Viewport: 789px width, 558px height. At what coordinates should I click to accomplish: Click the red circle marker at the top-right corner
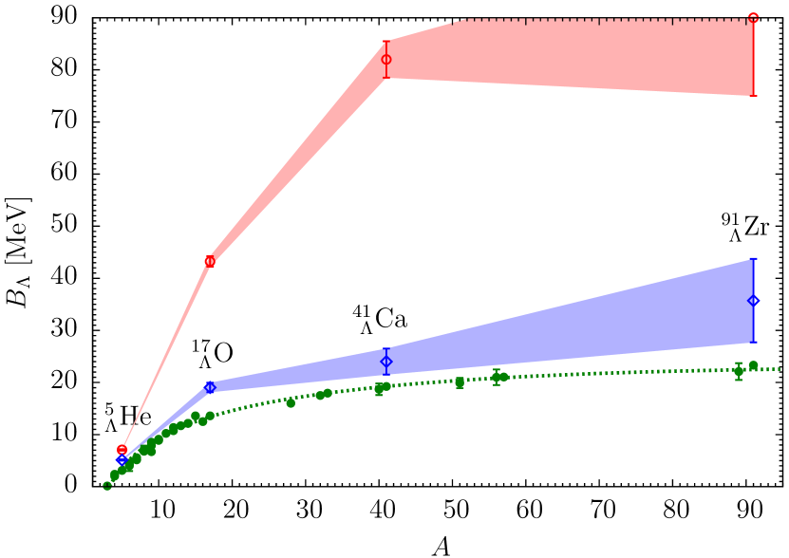pos(753,17)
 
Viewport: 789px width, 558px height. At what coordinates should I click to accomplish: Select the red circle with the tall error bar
pos(386,59)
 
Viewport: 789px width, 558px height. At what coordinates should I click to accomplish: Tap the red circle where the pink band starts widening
pos(210,261)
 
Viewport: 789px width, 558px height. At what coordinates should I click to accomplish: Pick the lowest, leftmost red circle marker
pos(122,449)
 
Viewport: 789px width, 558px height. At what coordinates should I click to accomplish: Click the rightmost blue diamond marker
pos(754,301)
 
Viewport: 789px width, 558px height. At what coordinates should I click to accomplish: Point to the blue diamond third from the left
pos(386,361)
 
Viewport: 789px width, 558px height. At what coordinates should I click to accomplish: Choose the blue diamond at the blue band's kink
pos(210,387)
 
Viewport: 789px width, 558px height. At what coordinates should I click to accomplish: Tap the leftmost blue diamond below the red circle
pos(122,460)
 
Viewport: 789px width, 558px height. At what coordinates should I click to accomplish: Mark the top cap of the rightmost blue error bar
pos(754,259)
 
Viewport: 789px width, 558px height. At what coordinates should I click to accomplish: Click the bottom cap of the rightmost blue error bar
pos(754,343)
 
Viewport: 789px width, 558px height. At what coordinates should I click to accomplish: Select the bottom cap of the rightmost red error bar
pos(754,95)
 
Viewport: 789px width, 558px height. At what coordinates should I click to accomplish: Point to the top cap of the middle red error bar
pos(386,41)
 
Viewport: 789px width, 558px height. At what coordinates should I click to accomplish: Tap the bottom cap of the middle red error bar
pos(386,78)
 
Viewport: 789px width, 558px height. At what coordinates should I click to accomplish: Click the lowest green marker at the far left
pos(107,486)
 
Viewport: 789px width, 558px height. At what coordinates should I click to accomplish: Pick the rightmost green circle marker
pos(753,365)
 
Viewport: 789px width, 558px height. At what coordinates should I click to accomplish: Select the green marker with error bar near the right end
pos(739,371)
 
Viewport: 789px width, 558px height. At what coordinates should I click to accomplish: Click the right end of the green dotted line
pos(780,369)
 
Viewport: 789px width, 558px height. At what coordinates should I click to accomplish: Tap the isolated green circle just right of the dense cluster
pos(291,403)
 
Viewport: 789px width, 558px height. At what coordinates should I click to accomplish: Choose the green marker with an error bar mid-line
pos(497,377)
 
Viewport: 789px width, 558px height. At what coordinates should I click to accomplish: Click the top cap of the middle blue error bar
pos(386,348)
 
